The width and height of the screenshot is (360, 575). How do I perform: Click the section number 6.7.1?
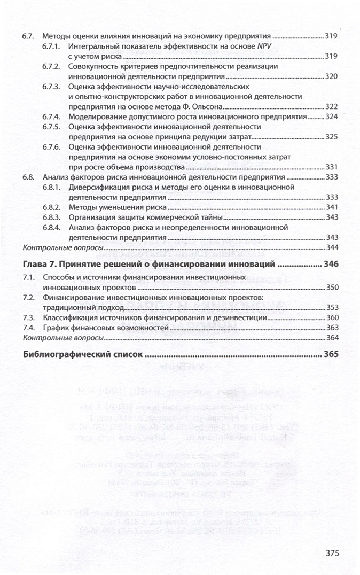[51, 47]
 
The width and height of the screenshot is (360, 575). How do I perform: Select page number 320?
[332, 76]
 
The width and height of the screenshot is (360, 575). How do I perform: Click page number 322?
[332, 106]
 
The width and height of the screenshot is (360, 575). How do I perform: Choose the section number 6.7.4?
[51, 116]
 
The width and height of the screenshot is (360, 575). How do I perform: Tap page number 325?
[332, 137]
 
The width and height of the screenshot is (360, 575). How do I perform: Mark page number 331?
[332, 167]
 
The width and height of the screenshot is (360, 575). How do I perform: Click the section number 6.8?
[29, 177]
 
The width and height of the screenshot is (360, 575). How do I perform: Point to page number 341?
[332, 207]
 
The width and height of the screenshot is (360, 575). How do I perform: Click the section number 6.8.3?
[51, 217]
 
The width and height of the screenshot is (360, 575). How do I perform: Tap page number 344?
[332, 247]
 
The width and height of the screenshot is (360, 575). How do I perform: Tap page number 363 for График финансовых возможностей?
[332, 328]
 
